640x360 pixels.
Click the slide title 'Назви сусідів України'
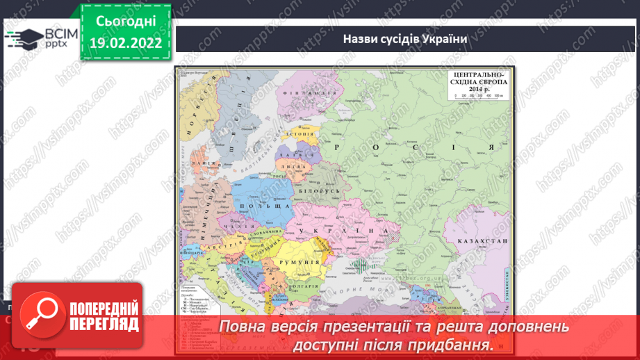(405, 38)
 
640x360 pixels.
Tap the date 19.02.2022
(126, 43)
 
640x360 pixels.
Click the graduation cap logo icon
(22, 36)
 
